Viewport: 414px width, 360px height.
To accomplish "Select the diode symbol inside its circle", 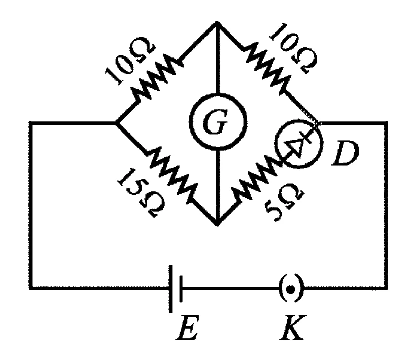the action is click(299, 144).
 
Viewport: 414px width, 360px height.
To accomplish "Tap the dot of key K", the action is click(291, 290).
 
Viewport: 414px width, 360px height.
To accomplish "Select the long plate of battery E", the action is click(171, 288).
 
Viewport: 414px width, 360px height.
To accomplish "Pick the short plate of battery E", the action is click(181, 288).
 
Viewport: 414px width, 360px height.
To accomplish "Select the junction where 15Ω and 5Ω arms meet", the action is click(217, 223).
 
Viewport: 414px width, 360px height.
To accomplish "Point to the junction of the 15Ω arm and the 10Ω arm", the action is click(117, 123).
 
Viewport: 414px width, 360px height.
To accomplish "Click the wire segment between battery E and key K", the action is click(230, 288).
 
